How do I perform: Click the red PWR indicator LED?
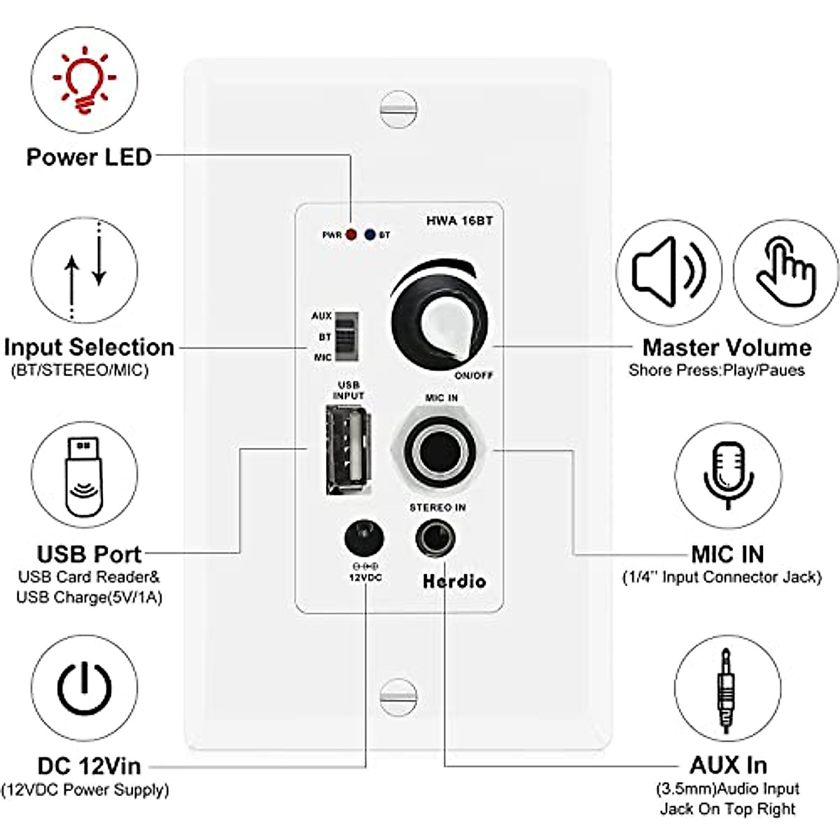pos(351,234)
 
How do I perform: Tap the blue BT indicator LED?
pos(370,234)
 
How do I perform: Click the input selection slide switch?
pos(344,336)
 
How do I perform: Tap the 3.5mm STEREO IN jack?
pos(435,538)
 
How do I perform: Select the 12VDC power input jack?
pos(364,540)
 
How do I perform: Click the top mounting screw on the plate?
pos(398,108)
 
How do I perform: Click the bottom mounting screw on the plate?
pos(398,697)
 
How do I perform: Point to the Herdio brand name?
pos(454,581)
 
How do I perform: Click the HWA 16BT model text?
pos(459,220)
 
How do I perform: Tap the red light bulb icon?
pos(85,79)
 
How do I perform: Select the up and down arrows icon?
pos(85,270)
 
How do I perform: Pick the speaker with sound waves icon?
pos(669,271)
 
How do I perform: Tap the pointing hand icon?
pos(785,271)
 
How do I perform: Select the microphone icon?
pos(728,475)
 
